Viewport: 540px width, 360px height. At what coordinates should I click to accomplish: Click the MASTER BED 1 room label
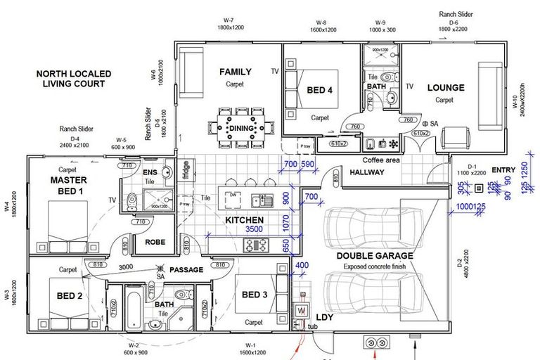tap(67, 186)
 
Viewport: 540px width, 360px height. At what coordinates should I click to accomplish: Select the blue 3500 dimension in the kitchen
tap(254, 229)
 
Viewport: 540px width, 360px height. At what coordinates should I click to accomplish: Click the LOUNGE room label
tap(446, 88)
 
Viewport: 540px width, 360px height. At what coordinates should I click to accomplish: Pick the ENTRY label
tap(503, 169)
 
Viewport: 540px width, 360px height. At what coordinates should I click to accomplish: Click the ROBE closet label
tap(155, 242)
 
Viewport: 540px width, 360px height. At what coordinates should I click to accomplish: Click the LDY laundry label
tap(325, 317)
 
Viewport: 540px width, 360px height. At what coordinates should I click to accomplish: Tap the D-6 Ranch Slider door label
tap(454, 21)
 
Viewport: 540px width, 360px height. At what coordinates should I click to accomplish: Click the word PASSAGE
tap(186, 269)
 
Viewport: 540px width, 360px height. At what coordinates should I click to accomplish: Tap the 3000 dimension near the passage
tap(126, 268)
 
